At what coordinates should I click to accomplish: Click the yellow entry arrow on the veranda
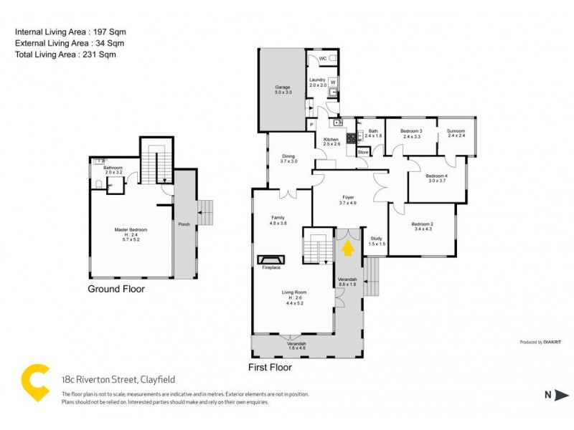[348, 247]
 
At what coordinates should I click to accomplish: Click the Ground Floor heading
[116, 290]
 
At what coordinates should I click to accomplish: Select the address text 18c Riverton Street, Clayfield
[118, 380]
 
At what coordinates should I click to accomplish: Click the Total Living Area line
[65, 54]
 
